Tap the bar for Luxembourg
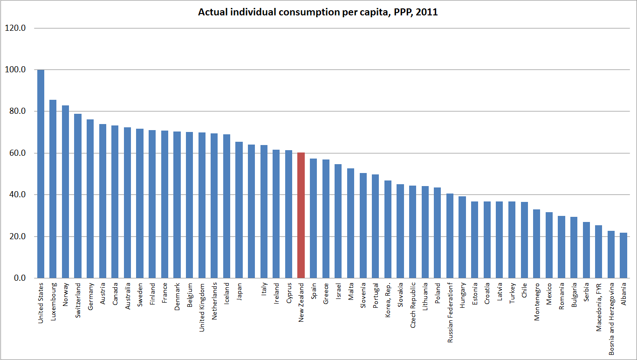pos(53,189)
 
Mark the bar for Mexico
pos(549,245)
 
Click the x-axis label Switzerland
pos(78,298)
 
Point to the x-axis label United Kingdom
pos(202,305)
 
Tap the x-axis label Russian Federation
pos(450,312)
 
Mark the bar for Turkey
pos(512,240)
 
